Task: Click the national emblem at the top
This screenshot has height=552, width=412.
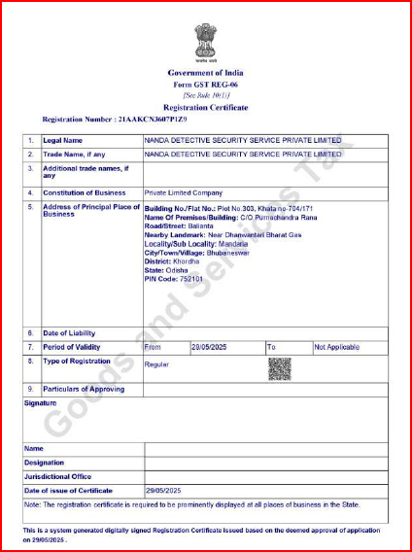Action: click(205, 43)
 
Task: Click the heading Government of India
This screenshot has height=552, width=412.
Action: click(205, 73)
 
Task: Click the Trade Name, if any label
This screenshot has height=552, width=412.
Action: click(77, 154)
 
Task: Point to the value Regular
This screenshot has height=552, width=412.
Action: click(156, 365)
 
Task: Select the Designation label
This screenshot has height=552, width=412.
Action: click(44, 464)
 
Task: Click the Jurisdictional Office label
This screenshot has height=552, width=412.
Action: click(57, 477)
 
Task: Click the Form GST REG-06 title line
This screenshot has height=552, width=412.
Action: click(205, 86)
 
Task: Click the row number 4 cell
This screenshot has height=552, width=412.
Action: click(31, 192)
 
